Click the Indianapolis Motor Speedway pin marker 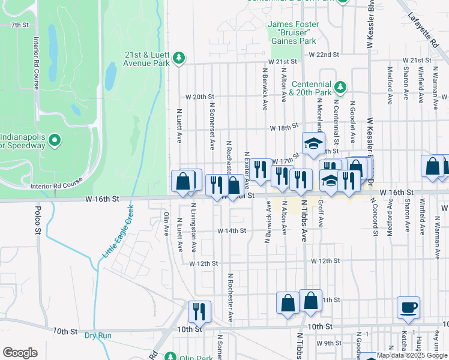click(55, 140)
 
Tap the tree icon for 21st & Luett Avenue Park click(178, 58)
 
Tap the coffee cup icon click(408, 307)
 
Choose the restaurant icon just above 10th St click(199, 311)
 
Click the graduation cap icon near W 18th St click(312, 143)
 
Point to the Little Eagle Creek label click(116, 232)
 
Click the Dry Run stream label click(98, 335)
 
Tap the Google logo click(20, 353)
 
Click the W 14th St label click(232, 231)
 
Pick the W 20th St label click(200, 97)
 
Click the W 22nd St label click(324, 55)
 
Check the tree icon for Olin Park click(170, 357)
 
